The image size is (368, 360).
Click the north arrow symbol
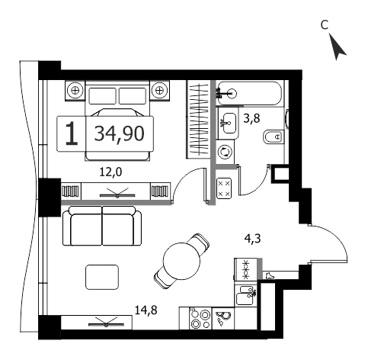point(338,48)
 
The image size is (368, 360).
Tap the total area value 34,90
point(120,133)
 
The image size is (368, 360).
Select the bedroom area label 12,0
point(110,172)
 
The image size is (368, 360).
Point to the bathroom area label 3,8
point(251,118)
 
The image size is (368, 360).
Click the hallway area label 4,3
point(253,239)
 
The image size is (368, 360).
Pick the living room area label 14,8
point(146,310)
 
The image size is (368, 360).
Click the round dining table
point(181,262)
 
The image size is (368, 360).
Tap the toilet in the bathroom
point(274,137)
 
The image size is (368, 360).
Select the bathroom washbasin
point(229,124)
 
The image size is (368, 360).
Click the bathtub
point(249,93)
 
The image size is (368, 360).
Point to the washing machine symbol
point(225,152)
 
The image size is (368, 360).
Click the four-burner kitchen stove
point(200,319)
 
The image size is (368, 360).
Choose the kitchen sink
point(246,295)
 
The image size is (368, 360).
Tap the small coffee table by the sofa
point(102,277)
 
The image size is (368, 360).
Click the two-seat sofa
point(102,226)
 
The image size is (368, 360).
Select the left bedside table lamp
point(75,91)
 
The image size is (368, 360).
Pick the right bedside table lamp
point(159,91)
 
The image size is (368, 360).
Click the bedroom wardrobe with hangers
point(199,119)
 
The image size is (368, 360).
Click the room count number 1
point(72,133)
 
